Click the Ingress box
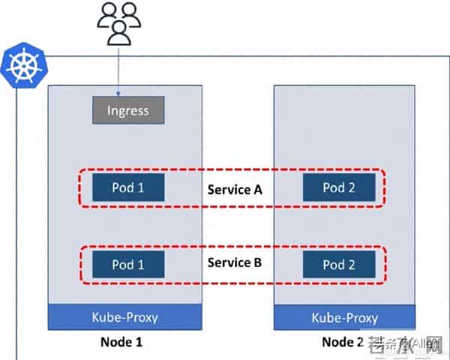point(127,110)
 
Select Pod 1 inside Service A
point(128,187)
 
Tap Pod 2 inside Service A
point(338,187)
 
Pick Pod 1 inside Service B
point(128,264)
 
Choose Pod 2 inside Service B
point(338,264)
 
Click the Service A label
point(234,189)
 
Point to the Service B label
point(234,262)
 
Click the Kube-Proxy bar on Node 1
point(125,317)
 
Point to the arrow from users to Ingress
point(118,71)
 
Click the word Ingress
point(127,110)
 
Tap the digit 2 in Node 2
point(361,343)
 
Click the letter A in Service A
point(257,189)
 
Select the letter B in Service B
point(257,262)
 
